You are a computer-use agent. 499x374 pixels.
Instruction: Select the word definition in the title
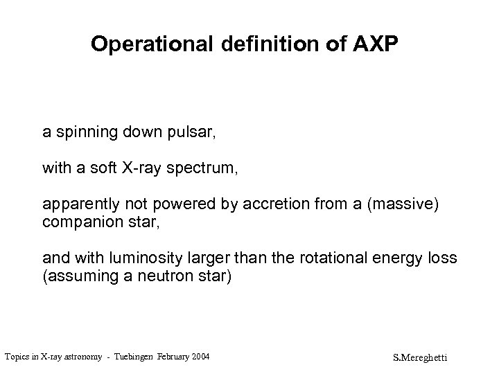coord(262,45)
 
